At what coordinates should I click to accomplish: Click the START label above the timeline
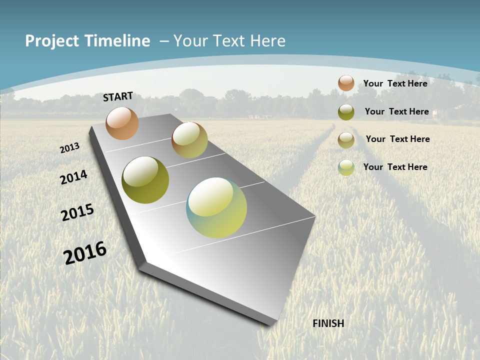pos(118,96)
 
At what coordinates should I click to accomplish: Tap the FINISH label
pos(328,323)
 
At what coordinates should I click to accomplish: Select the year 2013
pos(69,147)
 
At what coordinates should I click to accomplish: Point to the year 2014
pos(73,177)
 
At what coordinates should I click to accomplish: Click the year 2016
pos(85,253)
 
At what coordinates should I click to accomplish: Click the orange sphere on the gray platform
pos(122,123)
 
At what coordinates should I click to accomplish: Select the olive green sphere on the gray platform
pos(145,180)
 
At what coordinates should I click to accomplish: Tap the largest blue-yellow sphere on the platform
pos(216,207)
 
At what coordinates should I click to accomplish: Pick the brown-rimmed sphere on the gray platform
pos(189,140)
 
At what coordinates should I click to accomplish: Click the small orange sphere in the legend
pos(346,83)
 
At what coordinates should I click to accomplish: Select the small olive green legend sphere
pos(346,112)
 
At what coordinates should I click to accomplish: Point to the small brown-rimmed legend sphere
pos(346,140)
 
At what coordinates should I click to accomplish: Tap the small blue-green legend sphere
pos(346,167)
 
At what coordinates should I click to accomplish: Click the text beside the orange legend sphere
pos(395,83)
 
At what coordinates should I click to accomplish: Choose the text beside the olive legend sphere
pos(396,111)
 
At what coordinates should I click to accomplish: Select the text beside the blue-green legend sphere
pos(395,167)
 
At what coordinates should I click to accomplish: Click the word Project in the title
pos(52,41)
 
